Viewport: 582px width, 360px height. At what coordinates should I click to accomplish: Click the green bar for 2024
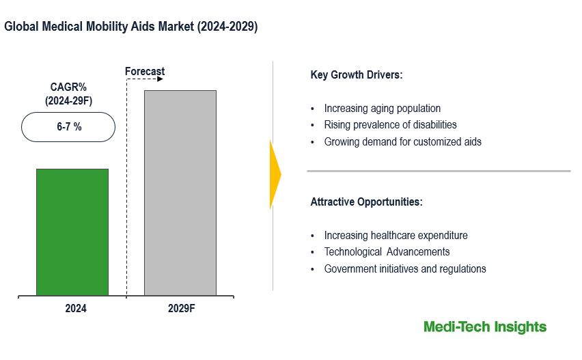72,232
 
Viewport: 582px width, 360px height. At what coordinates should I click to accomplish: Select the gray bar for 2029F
180,193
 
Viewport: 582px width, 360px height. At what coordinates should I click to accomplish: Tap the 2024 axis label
76,309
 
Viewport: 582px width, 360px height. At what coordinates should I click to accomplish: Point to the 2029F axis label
182,309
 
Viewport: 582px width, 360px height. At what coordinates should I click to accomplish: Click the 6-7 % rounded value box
68,127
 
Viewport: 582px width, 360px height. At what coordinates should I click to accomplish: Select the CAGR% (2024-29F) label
68,94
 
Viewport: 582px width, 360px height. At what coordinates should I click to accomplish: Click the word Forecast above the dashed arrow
145,71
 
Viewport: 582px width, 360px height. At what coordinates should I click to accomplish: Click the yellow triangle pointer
275,175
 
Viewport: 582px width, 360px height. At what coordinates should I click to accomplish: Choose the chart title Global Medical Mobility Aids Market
131,27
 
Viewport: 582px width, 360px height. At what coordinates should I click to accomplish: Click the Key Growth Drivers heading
357,75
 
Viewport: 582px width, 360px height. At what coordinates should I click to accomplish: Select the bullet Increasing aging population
382,108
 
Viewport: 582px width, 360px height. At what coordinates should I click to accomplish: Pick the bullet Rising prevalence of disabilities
390,125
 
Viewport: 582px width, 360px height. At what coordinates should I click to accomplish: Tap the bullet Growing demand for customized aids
402,142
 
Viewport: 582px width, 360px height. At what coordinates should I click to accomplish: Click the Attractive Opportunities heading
366,202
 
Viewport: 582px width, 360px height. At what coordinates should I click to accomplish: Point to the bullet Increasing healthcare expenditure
396,235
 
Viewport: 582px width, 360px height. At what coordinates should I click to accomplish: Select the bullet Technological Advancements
387,252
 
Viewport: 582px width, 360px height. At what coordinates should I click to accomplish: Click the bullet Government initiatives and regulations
404,268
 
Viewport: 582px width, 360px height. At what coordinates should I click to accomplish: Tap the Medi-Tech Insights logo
484,327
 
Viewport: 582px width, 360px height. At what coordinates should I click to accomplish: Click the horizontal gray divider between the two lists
438,171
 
